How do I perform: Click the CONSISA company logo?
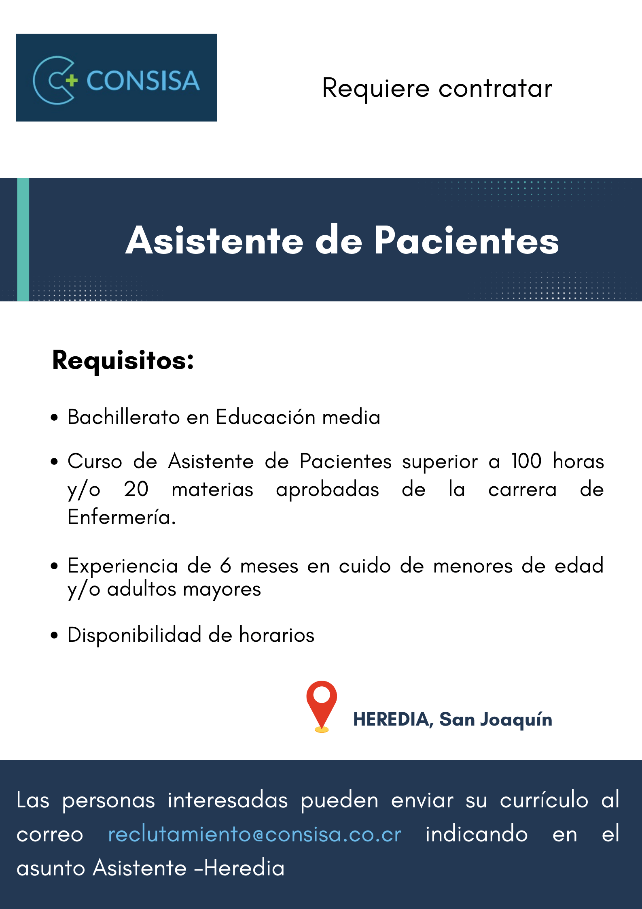[117, 78]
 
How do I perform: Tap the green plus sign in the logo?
[72, 80]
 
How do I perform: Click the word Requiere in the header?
[376, 89]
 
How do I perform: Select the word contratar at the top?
[495, 88]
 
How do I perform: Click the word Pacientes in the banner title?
[466, 240]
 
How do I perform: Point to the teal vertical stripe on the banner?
[23, 239]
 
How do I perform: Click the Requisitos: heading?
[123, 360]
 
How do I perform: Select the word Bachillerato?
[123, 417]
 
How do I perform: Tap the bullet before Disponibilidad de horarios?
[55, 635]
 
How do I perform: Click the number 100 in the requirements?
[526, 461]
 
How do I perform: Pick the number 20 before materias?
[136, 489]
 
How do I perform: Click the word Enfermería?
[122, 517]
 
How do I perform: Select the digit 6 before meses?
[226, 565]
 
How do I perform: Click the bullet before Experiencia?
[55, 566]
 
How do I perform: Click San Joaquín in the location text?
[496, 720]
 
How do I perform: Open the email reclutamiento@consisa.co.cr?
[254, 834]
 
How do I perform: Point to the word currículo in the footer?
[544, 800]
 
